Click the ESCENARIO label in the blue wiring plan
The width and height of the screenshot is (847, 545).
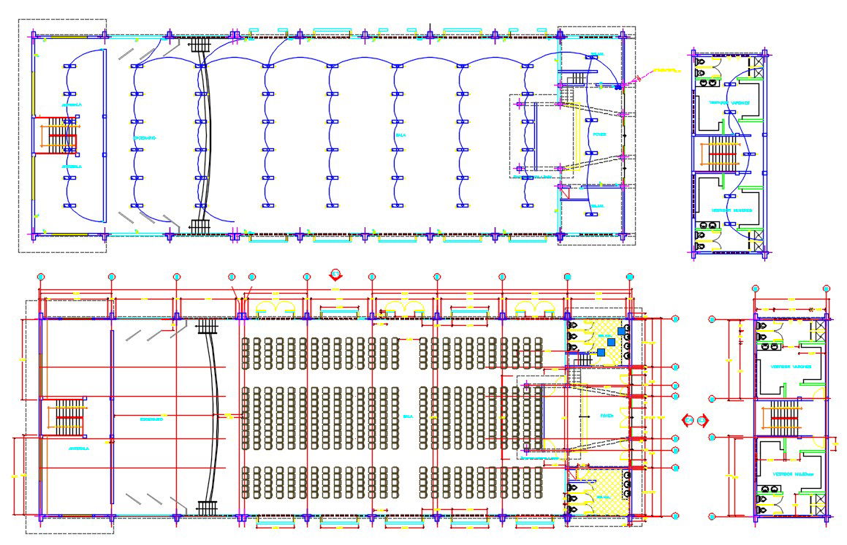145,138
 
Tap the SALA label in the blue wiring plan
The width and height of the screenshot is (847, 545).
400,135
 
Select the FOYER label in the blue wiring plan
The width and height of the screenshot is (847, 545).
599,134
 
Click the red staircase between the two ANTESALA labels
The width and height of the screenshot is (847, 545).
63,136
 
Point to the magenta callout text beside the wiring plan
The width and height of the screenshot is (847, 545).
664,71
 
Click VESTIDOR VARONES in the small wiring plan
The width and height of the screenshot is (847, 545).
729,103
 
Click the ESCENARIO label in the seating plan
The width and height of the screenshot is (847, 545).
151,419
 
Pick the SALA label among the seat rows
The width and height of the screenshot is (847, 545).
408,416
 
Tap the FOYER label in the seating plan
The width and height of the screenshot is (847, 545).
607,416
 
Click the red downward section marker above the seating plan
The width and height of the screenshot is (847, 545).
335,275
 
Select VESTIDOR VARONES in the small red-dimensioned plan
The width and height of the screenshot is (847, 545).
791,367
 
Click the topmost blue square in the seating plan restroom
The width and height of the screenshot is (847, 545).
621,331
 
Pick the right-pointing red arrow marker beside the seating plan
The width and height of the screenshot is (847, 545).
702,420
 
